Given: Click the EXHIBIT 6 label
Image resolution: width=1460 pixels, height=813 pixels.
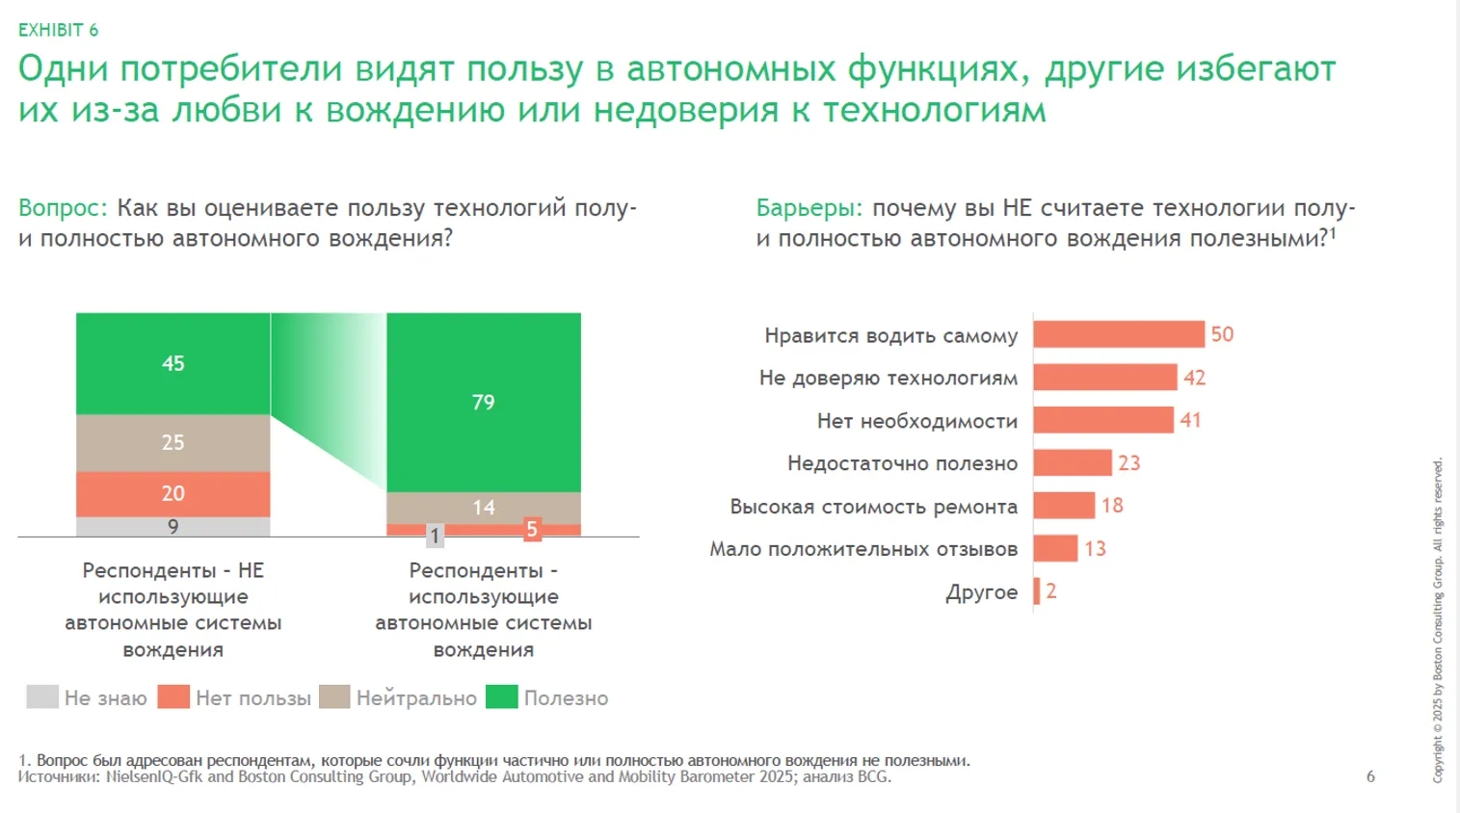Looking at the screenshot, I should [x=58, y=30].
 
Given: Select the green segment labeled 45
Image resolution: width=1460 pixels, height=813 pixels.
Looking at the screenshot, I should [x=173, y=363].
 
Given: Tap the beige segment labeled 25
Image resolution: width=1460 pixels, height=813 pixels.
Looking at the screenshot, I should [x=173, y=442].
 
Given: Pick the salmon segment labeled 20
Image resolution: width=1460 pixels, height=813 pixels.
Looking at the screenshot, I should [x=173, y=493].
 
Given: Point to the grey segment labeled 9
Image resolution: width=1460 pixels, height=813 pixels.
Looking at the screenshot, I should [x=173, y=527].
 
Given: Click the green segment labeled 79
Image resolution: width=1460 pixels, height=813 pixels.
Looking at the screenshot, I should [x=483, y=402].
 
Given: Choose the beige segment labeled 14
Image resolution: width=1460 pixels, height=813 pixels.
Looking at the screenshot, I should [x=483, y=507].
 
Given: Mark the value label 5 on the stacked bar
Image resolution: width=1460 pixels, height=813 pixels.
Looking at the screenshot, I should [x=531, y=529].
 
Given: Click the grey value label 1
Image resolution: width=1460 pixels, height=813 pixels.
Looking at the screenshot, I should [x=435, y=536].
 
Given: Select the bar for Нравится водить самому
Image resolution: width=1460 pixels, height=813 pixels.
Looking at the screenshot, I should [x=1118, y=334].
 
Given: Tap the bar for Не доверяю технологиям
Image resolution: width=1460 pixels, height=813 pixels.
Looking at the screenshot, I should [x=1104, y=378].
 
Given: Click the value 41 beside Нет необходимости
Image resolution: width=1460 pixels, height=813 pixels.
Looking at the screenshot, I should [x=1190, y=420].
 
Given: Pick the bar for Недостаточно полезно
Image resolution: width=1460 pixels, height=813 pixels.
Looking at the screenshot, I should [x=1073, y=463].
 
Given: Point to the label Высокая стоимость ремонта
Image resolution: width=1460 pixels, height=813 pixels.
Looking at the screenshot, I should [x=873, y=507].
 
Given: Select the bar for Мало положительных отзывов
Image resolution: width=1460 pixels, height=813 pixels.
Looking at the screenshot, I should [x=1055, y=549].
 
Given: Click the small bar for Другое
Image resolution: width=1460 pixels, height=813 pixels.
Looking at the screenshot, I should [x=1037, y=591].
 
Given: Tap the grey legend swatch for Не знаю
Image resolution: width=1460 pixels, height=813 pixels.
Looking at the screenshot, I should [x=42, y=696].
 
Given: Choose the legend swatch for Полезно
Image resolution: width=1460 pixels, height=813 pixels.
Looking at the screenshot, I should [x=502, y=696].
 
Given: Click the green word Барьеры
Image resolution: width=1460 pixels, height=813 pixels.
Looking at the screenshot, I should [x=809, y=208].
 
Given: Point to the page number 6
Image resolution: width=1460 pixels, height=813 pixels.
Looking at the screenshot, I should [x=1370, y=776].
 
